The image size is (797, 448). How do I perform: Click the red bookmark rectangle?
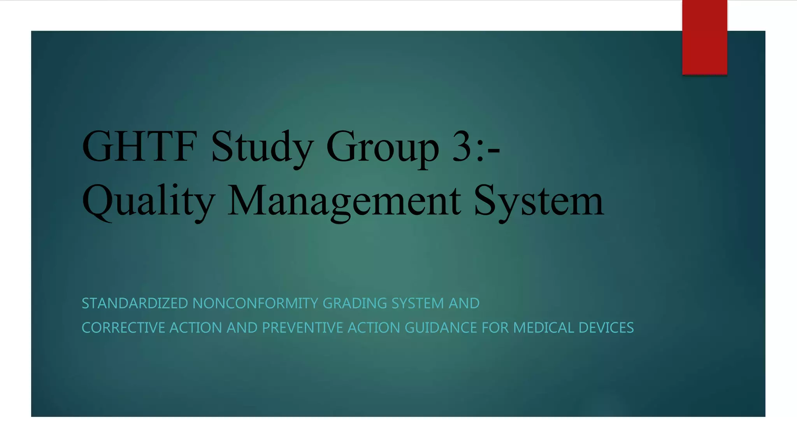pyautogui.click(x=704, y=37)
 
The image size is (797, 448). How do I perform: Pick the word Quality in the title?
pyautogui.click(x=148, y=201)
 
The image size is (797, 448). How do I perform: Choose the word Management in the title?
pyautogui.click(x=344, y=201)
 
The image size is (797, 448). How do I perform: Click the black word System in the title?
pyautogui.click(x=539, y=201)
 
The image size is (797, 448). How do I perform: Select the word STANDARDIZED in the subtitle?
pyautogui.click(x=135, y=303)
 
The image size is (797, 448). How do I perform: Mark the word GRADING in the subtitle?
pyautogui.click(x=355, y=303)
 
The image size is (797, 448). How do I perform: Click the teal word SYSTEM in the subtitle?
pyautogui.click(x=418, y=303)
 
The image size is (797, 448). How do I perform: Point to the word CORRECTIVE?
pyautogui.click(x=123, y=328)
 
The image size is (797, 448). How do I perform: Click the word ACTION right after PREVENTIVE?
pyautogui.click(x=374, y=328)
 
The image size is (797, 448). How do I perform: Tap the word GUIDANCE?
pyautogui.click(x=441, y=328)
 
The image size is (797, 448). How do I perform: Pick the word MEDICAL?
pyautogui.click(x=544, y=328)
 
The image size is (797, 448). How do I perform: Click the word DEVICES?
pyautogui.click(x=606, y=328)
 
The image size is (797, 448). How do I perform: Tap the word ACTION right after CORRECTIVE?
pyautogui.click(x=196, y=328)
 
